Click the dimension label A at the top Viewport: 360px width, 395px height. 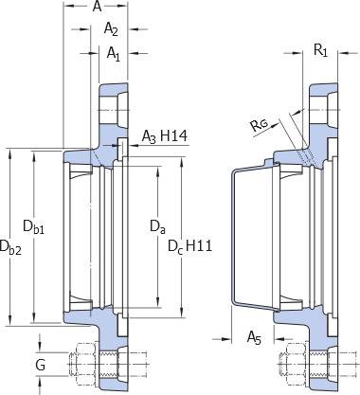tap(97, 7)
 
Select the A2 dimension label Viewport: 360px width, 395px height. tap(111, 29)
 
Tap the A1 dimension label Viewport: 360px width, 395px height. tap(114, 54)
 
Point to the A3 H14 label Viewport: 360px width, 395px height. tap(164, 136)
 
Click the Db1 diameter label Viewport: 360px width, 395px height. tap(33, 227)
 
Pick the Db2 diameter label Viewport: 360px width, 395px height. tap(10, 247)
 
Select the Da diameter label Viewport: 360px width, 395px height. tap(157, 227)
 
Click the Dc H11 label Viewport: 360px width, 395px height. tap(189, 246)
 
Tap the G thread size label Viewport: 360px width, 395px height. tap(41, 366)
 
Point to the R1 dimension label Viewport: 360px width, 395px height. tap(320, 50)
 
